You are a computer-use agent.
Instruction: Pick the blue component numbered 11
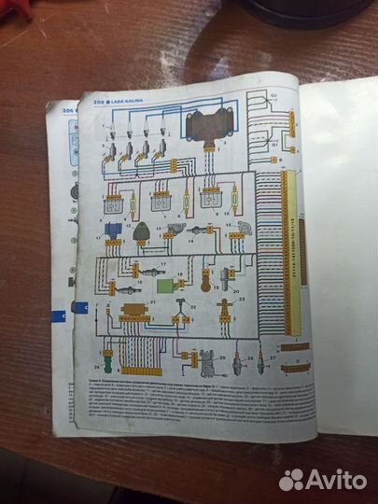[x=113, y=230]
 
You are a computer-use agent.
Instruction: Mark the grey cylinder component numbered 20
[x=229, y=276]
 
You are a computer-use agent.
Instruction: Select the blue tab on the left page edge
[x=81, y=307]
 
